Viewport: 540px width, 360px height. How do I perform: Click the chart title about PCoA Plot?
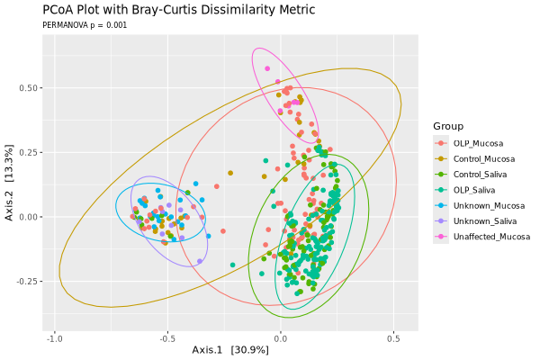click(178, 10)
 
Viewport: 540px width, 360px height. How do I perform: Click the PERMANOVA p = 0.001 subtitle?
click(85, 25)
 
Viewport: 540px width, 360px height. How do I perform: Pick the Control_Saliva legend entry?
click(481, 175)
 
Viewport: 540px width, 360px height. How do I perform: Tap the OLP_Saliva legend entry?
click(477, 190)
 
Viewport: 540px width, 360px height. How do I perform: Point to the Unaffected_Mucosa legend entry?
click(490, 237)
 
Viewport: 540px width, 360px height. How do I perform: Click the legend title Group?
click(448, 125)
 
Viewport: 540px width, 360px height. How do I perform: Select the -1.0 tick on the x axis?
click(55, 338)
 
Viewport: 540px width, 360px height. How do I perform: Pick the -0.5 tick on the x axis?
click(167, 338)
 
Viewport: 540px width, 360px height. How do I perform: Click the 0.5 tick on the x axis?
click(394, 338)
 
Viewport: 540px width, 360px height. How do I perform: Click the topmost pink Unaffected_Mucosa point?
click(267, 68)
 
